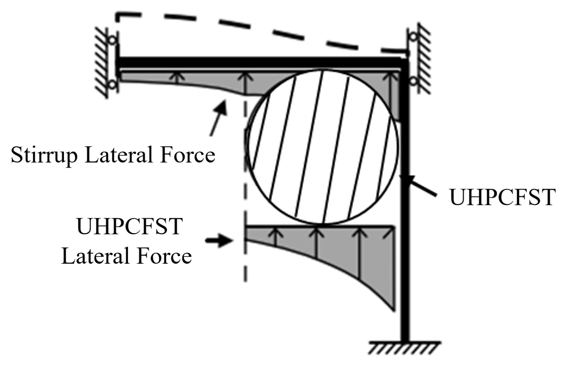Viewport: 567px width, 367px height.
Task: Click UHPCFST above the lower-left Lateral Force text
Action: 129,226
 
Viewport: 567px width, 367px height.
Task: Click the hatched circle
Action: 323,147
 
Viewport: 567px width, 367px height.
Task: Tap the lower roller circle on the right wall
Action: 413,81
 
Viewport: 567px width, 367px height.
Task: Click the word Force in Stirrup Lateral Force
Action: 188,155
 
